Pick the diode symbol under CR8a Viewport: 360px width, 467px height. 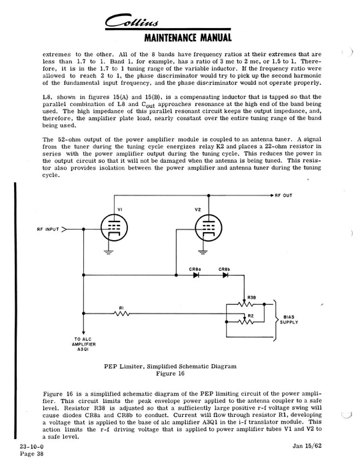(x=196, y=276)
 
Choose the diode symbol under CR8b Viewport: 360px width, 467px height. (x=225, y=276)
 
